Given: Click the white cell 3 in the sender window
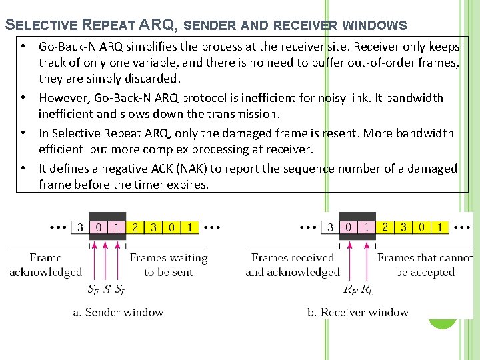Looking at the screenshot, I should coord(81,227).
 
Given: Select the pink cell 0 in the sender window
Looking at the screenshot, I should coord(99,227).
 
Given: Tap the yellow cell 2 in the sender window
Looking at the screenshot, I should coord(135,227).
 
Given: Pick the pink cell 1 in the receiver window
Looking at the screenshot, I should coord(367,227).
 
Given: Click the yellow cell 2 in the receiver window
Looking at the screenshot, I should coord(385,227).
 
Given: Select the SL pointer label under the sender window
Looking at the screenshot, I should coord(120,290).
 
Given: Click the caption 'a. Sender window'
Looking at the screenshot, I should coord(118,312).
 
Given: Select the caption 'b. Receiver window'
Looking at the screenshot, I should coord(358,312).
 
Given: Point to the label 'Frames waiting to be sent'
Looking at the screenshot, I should coord(168,265).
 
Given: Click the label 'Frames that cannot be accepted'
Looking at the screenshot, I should coord(425,265).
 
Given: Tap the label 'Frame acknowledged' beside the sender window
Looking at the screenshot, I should coord(46,265).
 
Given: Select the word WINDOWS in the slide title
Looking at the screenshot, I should coord(376,26).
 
